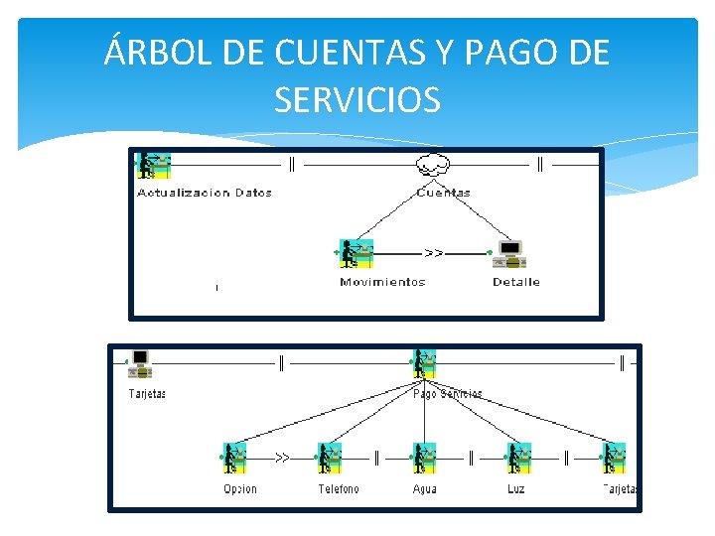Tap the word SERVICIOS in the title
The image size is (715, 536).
click(357, 98)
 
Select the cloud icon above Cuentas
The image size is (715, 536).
click(433, 166)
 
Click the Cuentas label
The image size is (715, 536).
click(444, 193)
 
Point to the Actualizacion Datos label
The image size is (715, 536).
click(205, 193)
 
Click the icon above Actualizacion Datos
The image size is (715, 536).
click(153, 165)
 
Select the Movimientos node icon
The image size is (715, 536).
click(356, 254)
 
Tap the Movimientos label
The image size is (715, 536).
click(382, 282)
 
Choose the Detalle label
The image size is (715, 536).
click(516, 282)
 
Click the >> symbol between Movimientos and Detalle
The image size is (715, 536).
click(434, 253)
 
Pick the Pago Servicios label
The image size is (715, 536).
click(448, 394)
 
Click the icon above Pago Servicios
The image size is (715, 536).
click(424, 363)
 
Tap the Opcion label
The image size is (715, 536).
click(240, 489)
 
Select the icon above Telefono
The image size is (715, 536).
click(329, 458)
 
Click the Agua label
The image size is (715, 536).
click(424, 489)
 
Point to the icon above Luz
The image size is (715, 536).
click(518, 458)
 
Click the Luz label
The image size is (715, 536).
click(516, 489)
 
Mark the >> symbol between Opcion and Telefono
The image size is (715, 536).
click(282, 459)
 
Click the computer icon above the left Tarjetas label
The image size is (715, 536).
click(139, 363)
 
